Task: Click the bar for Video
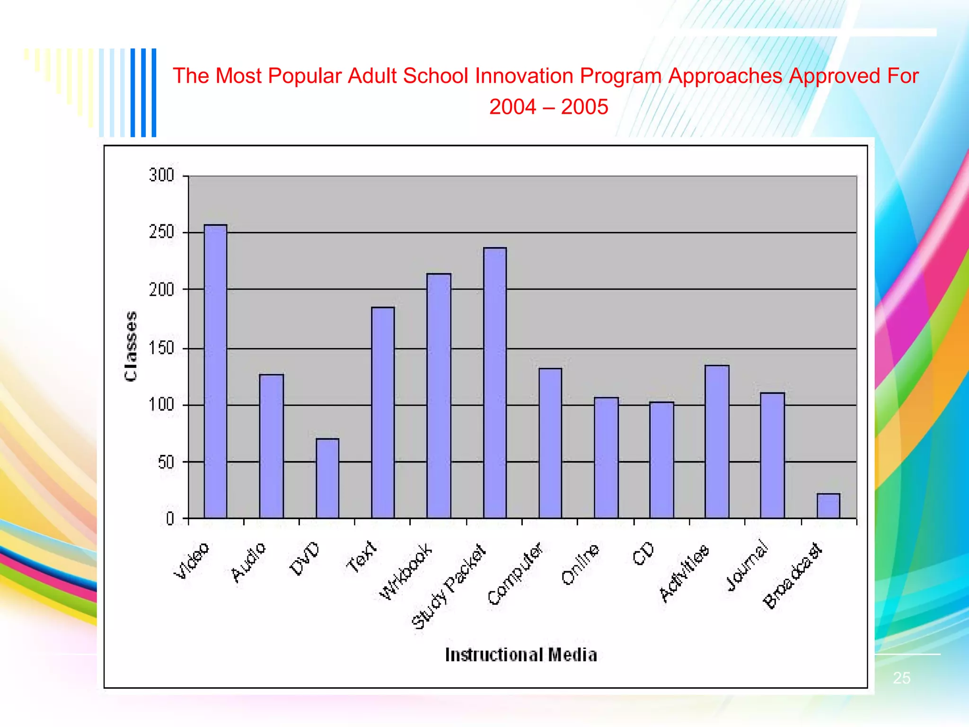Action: click(x=215, y=372)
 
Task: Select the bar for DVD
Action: click(x=327, y=479)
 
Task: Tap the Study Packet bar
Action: click(x=495, y=383)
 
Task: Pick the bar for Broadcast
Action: click(x=828, y=506)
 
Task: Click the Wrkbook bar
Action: click(x=439, y=396)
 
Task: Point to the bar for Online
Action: click(x=606, y=458)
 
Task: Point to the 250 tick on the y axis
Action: click(x=161, y=232)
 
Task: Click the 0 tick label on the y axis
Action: click(x=170, y=519)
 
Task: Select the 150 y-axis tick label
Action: click(x=161, y=348)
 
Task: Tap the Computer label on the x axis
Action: click(x=515, y=574)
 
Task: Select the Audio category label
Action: click(x=249, y=562)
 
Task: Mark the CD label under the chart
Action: click(x=643, y=553)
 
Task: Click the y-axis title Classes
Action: click(x=131, y=346)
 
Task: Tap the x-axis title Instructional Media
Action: click(x=521, y=655)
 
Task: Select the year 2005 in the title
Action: click(x=585, y=107)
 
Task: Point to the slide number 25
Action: click(x=901, y=678)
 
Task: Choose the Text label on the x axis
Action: click(x=361, y=557)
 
